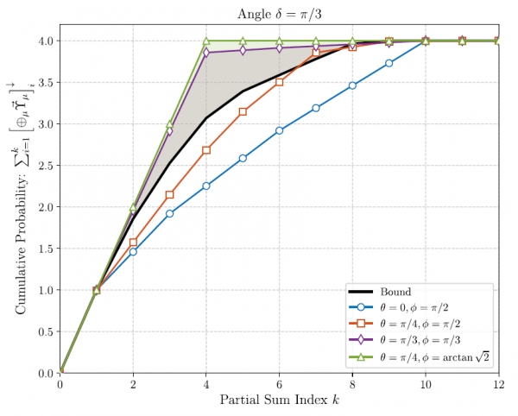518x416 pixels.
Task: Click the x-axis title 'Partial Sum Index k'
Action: [x=278, y=401]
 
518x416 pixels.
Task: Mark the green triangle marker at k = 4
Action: [x=206, y=41]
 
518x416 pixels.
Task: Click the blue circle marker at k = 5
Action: [x=243, y=159]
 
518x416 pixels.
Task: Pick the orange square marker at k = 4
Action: [x=206, y=150]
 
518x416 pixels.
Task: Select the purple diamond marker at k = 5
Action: [x=243, y=50]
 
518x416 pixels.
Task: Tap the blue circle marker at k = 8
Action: [x=352, y=85]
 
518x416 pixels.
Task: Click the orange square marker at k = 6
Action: [x=279, y=82]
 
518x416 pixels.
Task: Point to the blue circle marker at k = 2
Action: [x=133, y=251]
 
